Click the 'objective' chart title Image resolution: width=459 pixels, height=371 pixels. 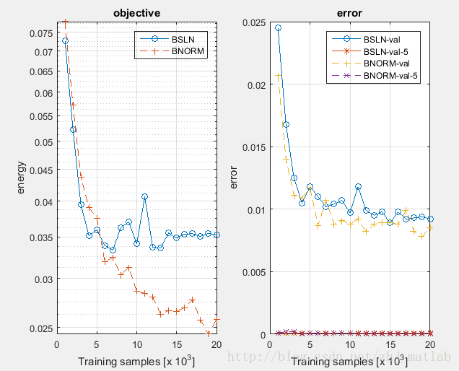[x=136, y=13]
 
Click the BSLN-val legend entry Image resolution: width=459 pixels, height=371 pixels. [x=383, y=39]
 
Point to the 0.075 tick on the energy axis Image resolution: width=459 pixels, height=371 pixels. [x=43, y=33]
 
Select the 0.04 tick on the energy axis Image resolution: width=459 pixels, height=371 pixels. [x=45, y=201]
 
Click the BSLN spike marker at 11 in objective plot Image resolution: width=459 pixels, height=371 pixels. [x=144, y=196]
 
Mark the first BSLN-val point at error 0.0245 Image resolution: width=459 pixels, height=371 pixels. [x=278, y=28]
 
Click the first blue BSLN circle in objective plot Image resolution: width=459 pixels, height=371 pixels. [x=65, y=40]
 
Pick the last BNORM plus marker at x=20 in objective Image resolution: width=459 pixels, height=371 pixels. [x=217, y=319]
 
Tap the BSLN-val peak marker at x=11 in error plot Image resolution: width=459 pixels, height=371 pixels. [x=358, y=186]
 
